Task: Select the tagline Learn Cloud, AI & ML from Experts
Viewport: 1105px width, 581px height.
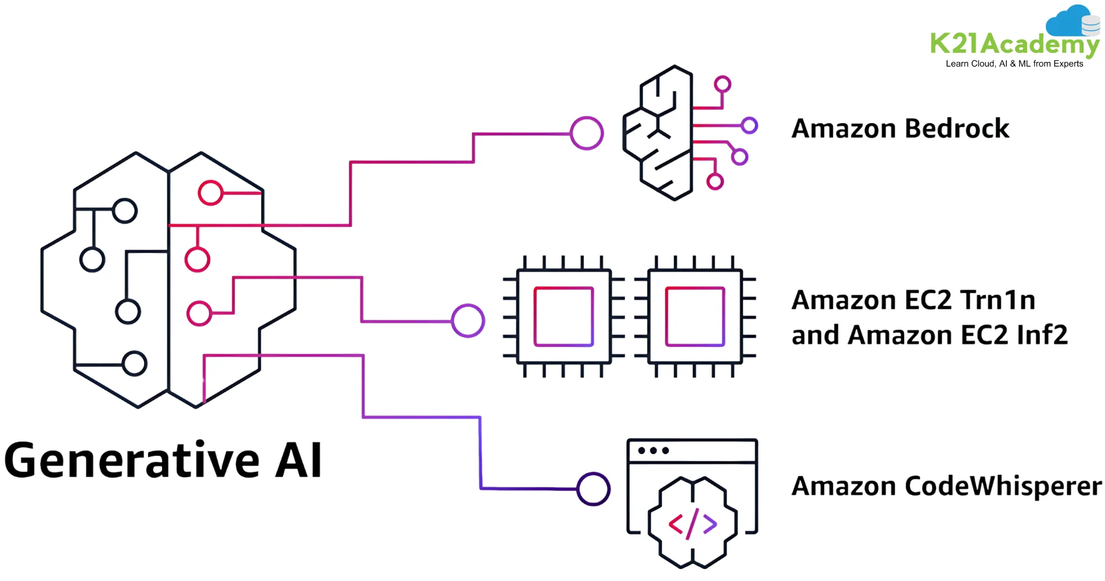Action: click(x=1014, y=64)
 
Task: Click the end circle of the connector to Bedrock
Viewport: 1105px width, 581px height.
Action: click(x=587, y=133)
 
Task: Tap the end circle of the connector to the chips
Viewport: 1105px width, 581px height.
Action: click(x=468, y=320)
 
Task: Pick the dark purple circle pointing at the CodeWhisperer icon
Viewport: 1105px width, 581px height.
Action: click(x=593, y=489)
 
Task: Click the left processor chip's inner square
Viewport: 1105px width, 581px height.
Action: click(x=564, y=316)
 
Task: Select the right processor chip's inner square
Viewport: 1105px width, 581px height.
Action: click(x=695, y=316)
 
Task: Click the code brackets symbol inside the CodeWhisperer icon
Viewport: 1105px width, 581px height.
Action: click(x=692, y=524)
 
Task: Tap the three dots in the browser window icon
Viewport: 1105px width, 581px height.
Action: click(x=653, y=450)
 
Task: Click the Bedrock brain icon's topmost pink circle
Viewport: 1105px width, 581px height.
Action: click(x=723, y=84)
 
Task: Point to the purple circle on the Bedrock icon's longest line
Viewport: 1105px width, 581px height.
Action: click(x=750, y=125)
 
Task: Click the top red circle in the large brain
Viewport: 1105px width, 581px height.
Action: click(x=210, y=193)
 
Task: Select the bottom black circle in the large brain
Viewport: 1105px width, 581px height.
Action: click(x=135, y=364)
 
